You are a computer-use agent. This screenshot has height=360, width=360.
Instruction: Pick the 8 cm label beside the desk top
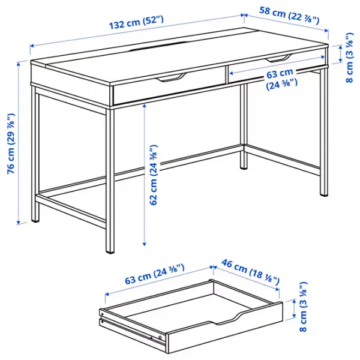pos(349,57)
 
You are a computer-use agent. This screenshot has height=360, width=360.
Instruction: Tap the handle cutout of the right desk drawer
pos(277,58)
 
